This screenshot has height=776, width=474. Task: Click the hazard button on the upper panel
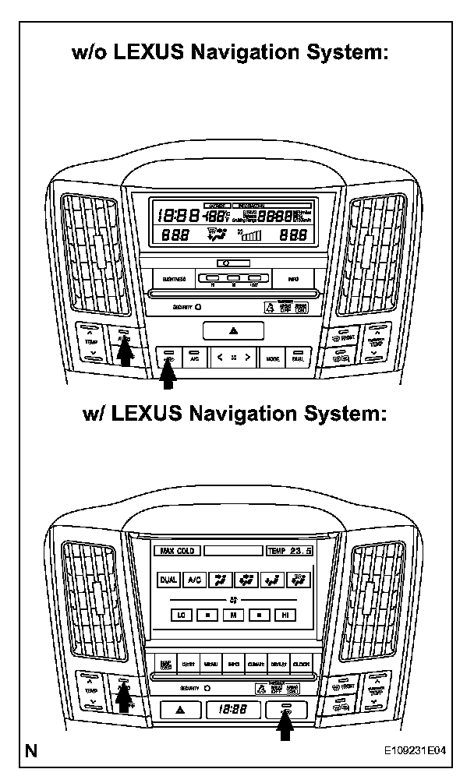(x=234, y=330)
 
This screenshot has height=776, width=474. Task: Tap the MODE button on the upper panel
(x=272, y=358)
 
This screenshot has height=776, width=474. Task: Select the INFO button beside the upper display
(x=293, y=278)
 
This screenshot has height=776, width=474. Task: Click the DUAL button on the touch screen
(x=168, y=580)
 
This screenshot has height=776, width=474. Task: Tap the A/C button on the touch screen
(x=194, y=580)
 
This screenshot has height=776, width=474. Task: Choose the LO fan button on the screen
(x=181, y=615)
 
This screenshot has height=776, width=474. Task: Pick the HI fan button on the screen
(x=285, y=615)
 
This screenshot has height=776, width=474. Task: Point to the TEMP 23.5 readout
(x=289, y=551)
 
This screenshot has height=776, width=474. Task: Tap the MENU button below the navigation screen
(x=210, y=664)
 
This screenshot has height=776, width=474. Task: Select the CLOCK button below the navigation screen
(x=301, y=664)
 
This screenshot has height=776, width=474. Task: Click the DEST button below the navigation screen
(x=188, y=664)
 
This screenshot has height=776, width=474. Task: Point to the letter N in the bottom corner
(x=31, y=752)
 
